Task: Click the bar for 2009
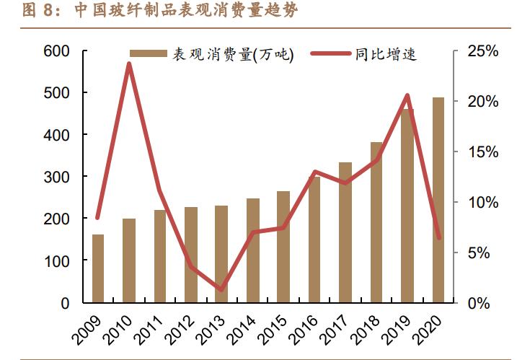pos(98,268)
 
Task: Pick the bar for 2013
pos(221,253)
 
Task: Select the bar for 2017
pos(345,232)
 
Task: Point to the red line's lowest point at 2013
pos(221,290)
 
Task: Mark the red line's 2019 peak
pos(407,95)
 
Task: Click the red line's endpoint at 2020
pos(438,237)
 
